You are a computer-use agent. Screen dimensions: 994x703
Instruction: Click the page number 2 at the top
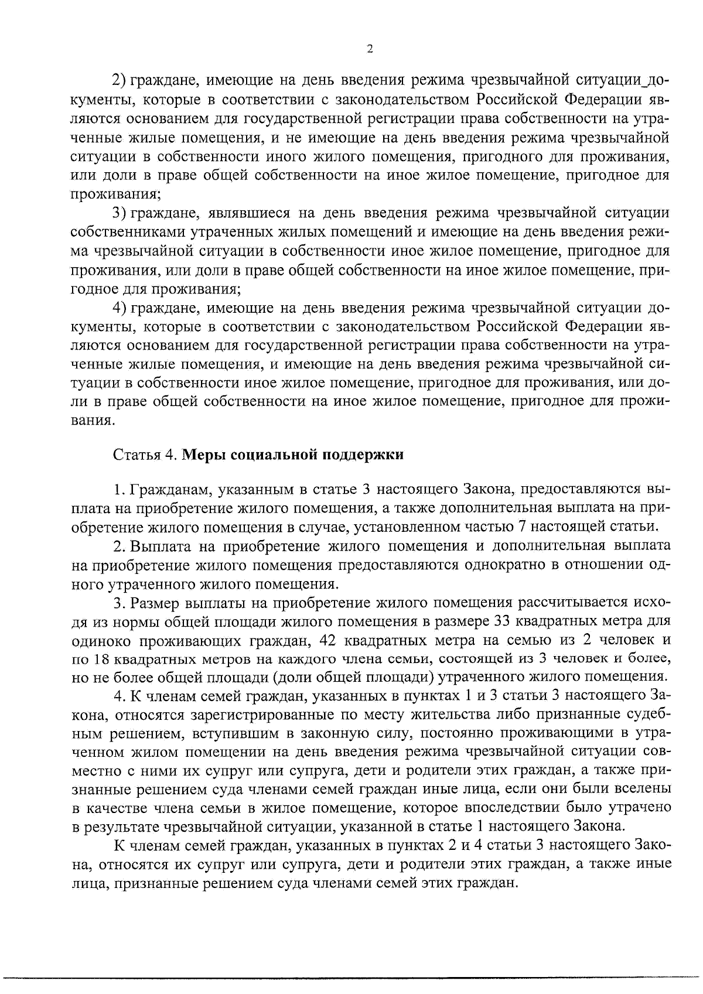pyautogui.click(x=369, y=49)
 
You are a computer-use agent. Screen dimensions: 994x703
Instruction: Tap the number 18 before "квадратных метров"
pyautogui.click(x=100, y=658)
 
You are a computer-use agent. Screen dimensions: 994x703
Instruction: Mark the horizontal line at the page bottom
pyautogui.click(x=351, y=977)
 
